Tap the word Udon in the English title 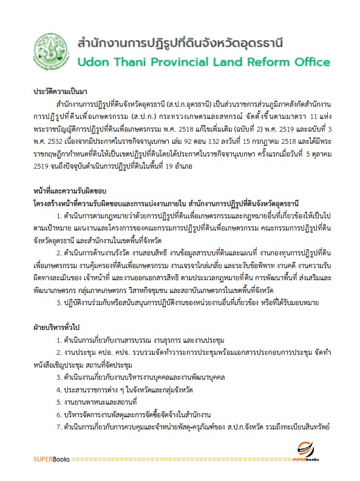point(93,62)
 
